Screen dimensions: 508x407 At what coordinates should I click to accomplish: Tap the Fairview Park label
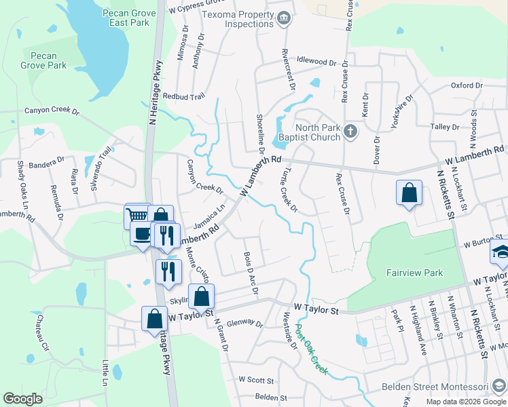pos(414,273)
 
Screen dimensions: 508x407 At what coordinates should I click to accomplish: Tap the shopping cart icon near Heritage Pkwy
pos(137,216)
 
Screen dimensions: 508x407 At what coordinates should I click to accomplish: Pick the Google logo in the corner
pos(22,399)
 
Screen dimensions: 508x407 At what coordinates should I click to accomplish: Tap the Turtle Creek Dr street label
pos(289,189)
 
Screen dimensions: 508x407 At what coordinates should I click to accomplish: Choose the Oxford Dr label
pos(466,85)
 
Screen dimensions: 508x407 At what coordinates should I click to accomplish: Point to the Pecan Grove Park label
pos(44,60)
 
